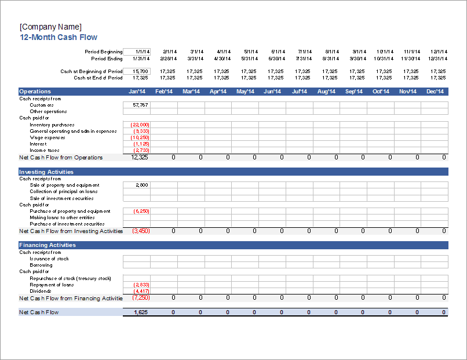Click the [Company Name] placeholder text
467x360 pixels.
(x=50, y=27)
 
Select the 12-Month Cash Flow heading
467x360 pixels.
(x=58, y=37)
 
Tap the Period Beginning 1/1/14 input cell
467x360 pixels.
(x=137, y=52)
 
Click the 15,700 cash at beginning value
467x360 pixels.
(x=137, y=71)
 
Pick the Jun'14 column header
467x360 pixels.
(x=272, y=92)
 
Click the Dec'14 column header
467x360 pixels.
(x=435, y=92)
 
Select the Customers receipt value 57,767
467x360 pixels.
(x=137, y=105)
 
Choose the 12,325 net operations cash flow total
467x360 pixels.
(x=140, y=157)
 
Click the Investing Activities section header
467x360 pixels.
(x=46, y=172)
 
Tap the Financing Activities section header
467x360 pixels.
(x=48, y=245)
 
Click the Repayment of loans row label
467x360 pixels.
(x=52, y=285)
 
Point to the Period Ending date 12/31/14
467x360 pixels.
(x=438, y=59)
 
